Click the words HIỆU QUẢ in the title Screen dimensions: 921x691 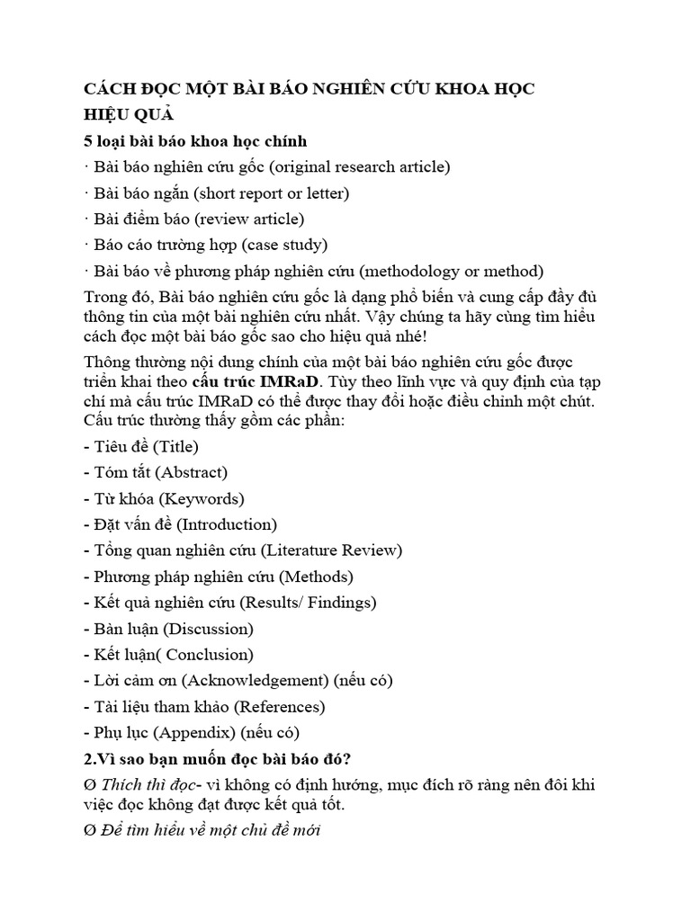pos(128,114)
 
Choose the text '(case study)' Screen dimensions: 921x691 pos(285,245)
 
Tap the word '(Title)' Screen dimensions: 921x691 pos(176,446)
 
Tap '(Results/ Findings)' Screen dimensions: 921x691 pos(314,603)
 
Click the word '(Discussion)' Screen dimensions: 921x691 pos(208,629)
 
